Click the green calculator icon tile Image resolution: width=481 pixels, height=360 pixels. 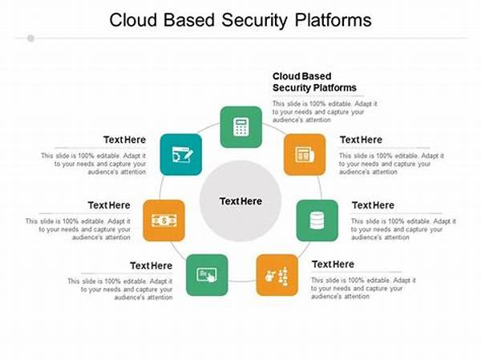(240, 127)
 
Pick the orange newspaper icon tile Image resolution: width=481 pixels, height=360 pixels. (304, 154)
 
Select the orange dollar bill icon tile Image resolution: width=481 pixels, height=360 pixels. (164, 220)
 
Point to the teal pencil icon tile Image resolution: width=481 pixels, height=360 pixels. (180, 153)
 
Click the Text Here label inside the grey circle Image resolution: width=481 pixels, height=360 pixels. (240, 200)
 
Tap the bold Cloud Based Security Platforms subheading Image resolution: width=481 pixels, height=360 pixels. (314, 82)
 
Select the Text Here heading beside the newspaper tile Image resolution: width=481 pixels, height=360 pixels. (361, 140)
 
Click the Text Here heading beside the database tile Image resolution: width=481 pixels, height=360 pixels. (373, 205)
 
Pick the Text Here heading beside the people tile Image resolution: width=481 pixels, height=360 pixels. (333, 264)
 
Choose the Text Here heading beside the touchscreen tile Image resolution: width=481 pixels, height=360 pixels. (152, 265)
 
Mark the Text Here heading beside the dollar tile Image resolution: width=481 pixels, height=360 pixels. (109, 205)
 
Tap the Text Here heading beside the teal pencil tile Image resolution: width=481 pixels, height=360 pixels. (124, 140)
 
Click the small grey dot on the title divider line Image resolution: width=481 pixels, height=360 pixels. (30, 38)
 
